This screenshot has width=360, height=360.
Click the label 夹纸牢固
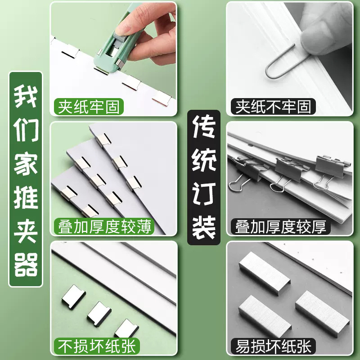pyautogui.click(x=89, y=108)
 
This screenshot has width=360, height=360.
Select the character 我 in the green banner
pyautogui.click(x=26, y=96)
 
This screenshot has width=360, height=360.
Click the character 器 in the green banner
pyautogui.click(x=26, y=265)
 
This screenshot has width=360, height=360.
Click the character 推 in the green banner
pyautogui.click(x=26, y=198)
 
